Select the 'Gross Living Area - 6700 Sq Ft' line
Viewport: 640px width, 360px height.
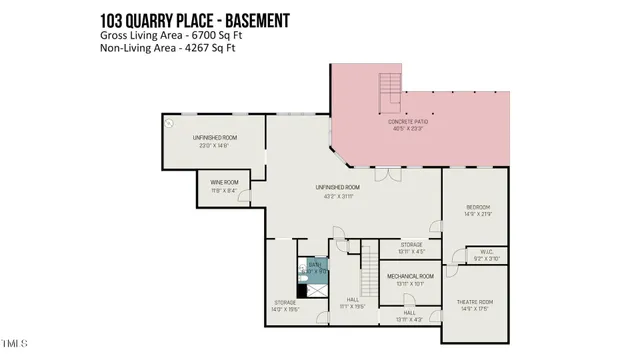(x=170, y=35)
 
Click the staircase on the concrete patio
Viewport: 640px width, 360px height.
(x=389, y=92)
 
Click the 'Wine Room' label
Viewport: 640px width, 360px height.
(x=223, y=185)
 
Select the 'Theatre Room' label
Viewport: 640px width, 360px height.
(x=475, y=304)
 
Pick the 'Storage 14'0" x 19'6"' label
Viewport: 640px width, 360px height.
(x=285, y=305)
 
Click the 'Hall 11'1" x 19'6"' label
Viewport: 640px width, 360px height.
(x=352, y=302)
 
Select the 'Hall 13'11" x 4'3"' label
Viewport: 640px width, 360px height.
(x=410, y=315)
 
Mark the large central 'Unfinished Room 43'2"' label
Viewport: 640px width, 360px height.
(x=337, y=191)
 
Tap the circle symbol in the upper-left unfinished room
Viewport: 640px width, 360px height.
(x=169, y=124)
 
